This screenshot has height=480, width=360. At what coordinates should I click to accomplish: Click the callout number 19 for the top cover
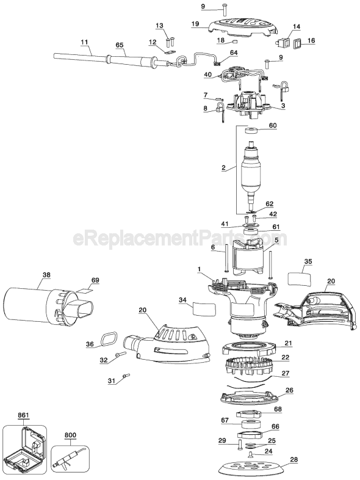pos(195,24)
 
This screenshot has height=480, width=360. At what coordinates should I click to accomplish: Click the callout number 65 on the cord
pos(119,45)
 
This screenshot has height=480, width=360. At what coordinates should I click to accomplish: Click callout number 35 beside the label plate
pos(308,261)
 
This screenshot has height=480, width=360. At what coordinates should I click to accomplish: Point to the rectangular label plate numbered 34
pos(204,308)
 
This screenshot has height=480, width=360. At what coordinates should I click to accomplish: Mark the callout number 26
pos(289,390)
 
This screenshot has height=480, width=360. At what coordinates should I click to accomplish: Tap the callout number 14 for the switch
pos(297,27)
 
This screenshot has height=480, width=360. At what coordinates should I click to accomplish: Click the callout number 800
pos(70,435)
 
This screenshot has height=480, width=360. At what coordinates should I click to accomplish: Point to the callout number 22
pos(286,357)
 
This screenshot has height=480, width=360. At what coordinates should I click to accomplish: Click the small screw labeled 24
pos(251,454)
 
